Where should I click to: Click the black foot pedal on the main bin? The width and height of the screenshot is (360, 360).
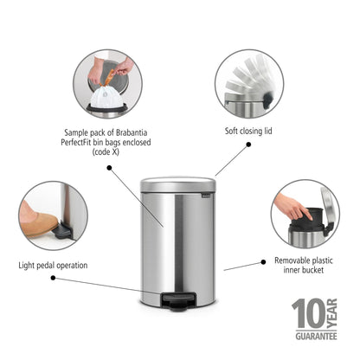pyautogui.click(x=178, y=301)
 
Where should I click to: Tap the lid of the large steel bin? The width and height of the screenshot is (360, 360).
pyautogui.click(x=178, y=184)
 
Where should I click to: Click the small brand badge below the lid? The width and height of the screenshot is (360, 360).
pyautogui.click(x=206, y=196)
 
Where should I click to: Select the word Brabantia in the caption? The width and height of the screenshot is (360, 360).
pyautogui.click(x=132, y=132)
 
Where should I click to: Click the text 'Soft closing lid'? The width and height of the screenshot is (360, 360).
pyautogui.click(x=248, y=131)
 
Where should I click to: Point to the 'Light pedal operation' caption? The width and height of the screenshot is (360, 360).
pyautogui.click(x=53, y=266)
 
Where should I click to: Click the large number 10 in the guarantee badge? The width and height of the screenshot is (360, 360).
pyautogui.click(x=309, y=313)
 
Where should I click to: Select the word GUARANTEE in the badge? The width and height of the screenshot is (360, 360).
pyautogui.click(x=316, y=337)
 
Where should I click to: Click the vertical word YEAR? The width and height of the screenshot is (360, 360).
pyautogui.click(x=332, y=313)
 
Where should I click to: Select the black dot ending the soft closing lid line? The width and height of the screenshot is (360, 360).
pyautogui.click(x=248, y=145)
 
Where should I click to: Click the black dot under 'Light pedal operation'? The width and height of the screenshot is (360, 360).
pyautogui.click(x=53, y=278)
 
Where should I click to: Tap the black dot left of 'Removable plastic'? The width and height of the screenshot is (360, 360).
pyautogui.click(x=263, y=262)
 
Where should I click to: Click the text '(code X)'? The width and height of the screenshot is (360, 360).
pyautogui.click(x=106, y=152)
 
